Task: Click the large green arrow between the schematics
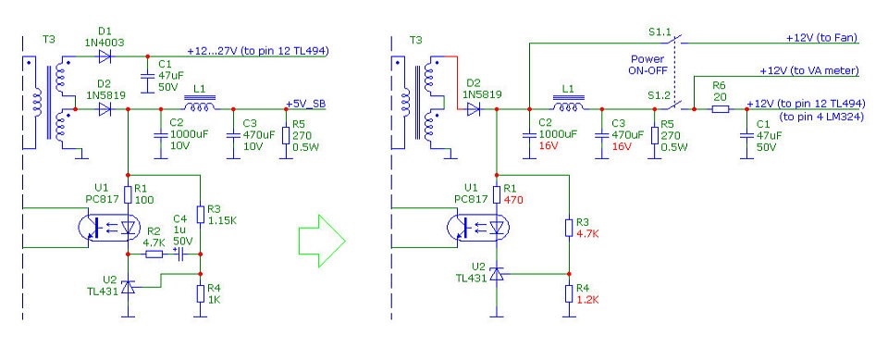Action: (322, 241)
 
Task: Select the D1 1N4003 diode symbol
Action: (104, 56)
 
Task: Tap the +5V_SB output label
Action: (306, 104)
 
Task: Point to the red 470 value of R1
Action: (513, 200)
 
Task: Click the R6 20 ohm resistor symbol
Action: (720, 109)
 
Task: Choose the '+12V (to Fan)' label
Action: (821, 38)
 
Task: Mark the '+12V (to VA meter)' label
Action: (809, 71)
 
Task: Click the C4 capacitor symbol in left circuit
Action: (180, 255)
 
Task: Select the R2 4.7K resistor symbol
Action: (154, 254)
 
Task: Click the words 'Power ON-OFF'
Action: (647, 65)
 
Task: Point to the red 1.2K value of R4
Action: (587, 299)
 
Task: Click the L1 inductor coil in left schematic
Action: (198, 106)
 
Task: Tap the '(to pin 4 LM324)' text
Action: (821, 118)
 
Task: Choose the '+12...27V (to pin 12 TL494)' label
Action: (258, 51)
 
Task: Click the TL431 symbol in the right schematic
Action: (497, 275)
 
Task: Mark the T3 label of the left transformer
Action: (49, 40)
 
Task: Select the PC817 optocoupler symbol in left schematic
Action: (107, 228)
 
